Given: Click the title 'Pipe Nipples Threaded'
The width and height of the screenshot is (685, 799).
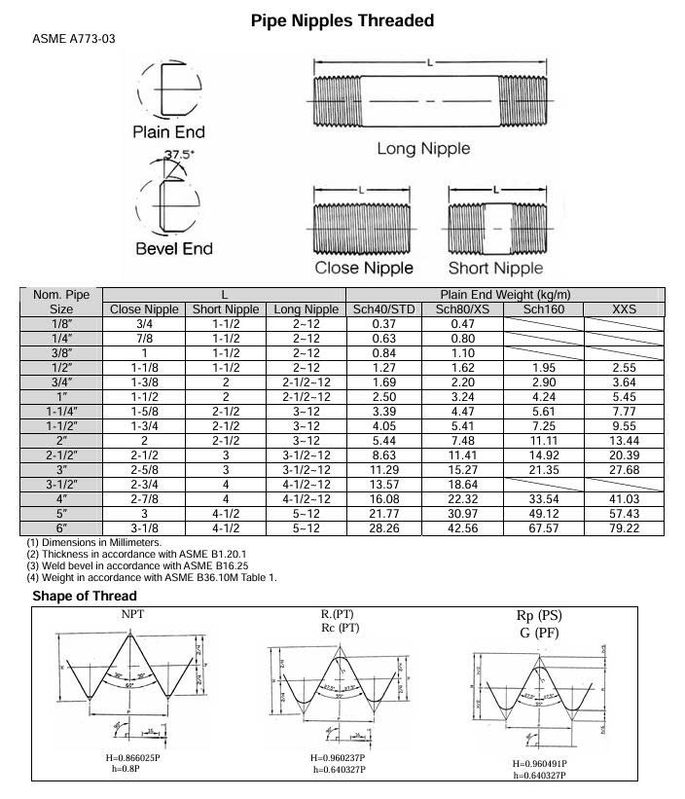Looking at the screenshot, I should coord(342,20).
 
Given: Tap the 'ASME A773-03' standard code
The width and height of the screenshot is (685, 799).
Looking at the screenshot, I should coord(77,40).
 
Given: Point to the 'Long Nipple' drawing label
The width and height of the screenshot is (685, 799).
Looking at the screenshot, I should coord(423,149).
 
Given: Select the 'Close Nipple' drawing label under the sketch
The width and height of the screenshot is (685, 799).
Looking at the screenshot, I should coord(364,268).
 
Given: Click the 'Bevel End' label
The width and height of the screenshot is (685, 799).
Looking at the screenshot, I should coord(173,248).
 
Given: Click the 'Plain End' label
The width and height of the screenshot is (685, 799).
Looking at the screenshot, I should coord(168,131).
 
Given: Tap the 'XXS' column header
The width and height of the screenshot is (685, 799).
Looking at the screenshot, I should coord(624,309).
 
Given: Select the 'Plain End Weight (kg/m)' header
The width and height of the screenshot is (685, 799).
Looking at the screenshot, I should coord(505,295).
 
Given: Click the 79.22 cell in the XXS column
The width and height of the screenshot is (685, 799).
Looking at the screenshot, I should coord(624,528).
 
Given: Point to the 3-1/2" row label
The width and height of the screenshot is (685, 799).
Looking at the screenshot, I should coord(61,485).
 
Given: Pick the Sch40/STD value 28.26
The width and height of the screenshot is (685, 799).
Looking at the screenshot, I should coord(383,528).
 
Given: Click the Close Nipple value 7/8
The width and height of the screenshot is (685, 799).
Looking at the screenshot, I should coord(145,339).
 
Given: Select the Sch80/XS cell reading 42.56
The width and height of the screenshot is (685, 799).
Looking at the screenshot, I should coord(463,528).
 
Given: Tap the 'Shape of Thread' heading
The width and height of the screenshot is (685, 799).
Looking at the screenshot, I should coord(85,596).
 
